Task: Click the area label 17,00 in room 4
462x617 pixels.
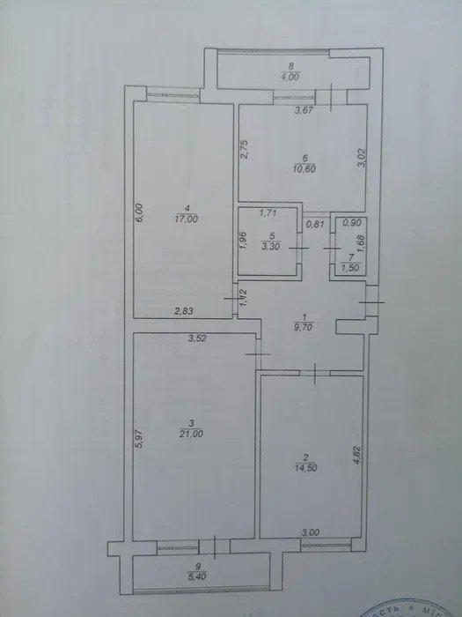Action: pos(184,222)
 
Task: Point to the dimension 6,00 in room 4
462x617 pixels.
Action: pos(138,216)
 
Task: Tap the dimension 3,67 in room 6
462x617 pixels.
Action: pos(303,111)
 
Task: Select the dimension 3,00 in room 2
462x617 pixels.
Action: pos(310,533)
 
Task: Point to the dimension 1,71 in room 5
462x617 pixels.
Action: pos(268,213)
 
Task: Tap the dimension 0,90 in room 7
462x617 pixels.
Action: pos(350,224)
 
